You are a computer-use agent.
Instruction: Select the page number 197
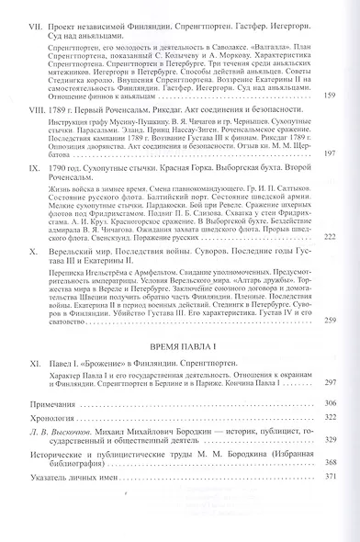[331, 180]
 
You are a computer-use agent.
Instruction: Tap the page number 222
[331, 264]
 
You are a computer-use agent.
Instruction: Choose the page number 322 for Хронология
[331, 446]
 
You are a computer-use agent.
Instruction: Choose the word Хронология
[51, 446]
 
